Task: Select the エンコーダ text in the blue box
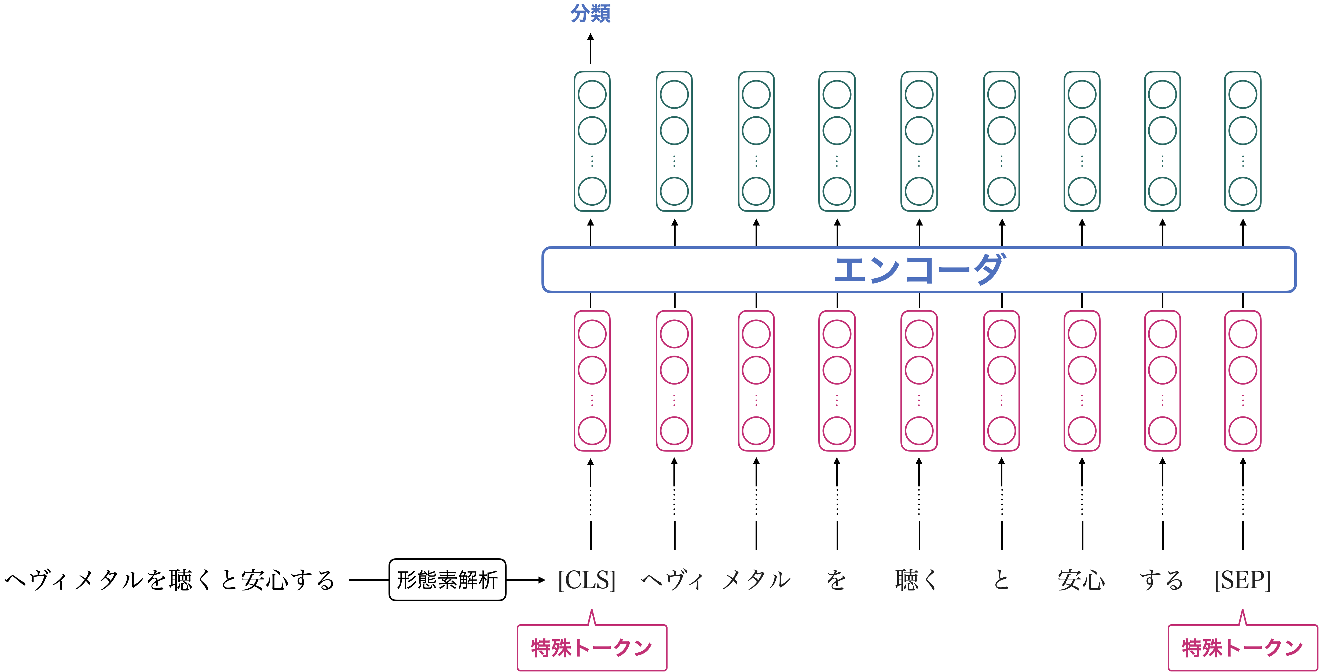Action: point(919,270)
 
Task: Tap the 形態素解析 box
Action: point(447,580)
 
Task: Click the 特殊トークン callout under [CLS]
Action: point(592,647)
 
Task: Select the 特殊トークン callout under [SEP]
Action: point(1243,647)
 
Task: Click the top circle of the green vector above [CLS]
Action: point(592,94)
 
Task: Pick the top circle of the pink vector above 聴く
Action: point(919,334)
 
